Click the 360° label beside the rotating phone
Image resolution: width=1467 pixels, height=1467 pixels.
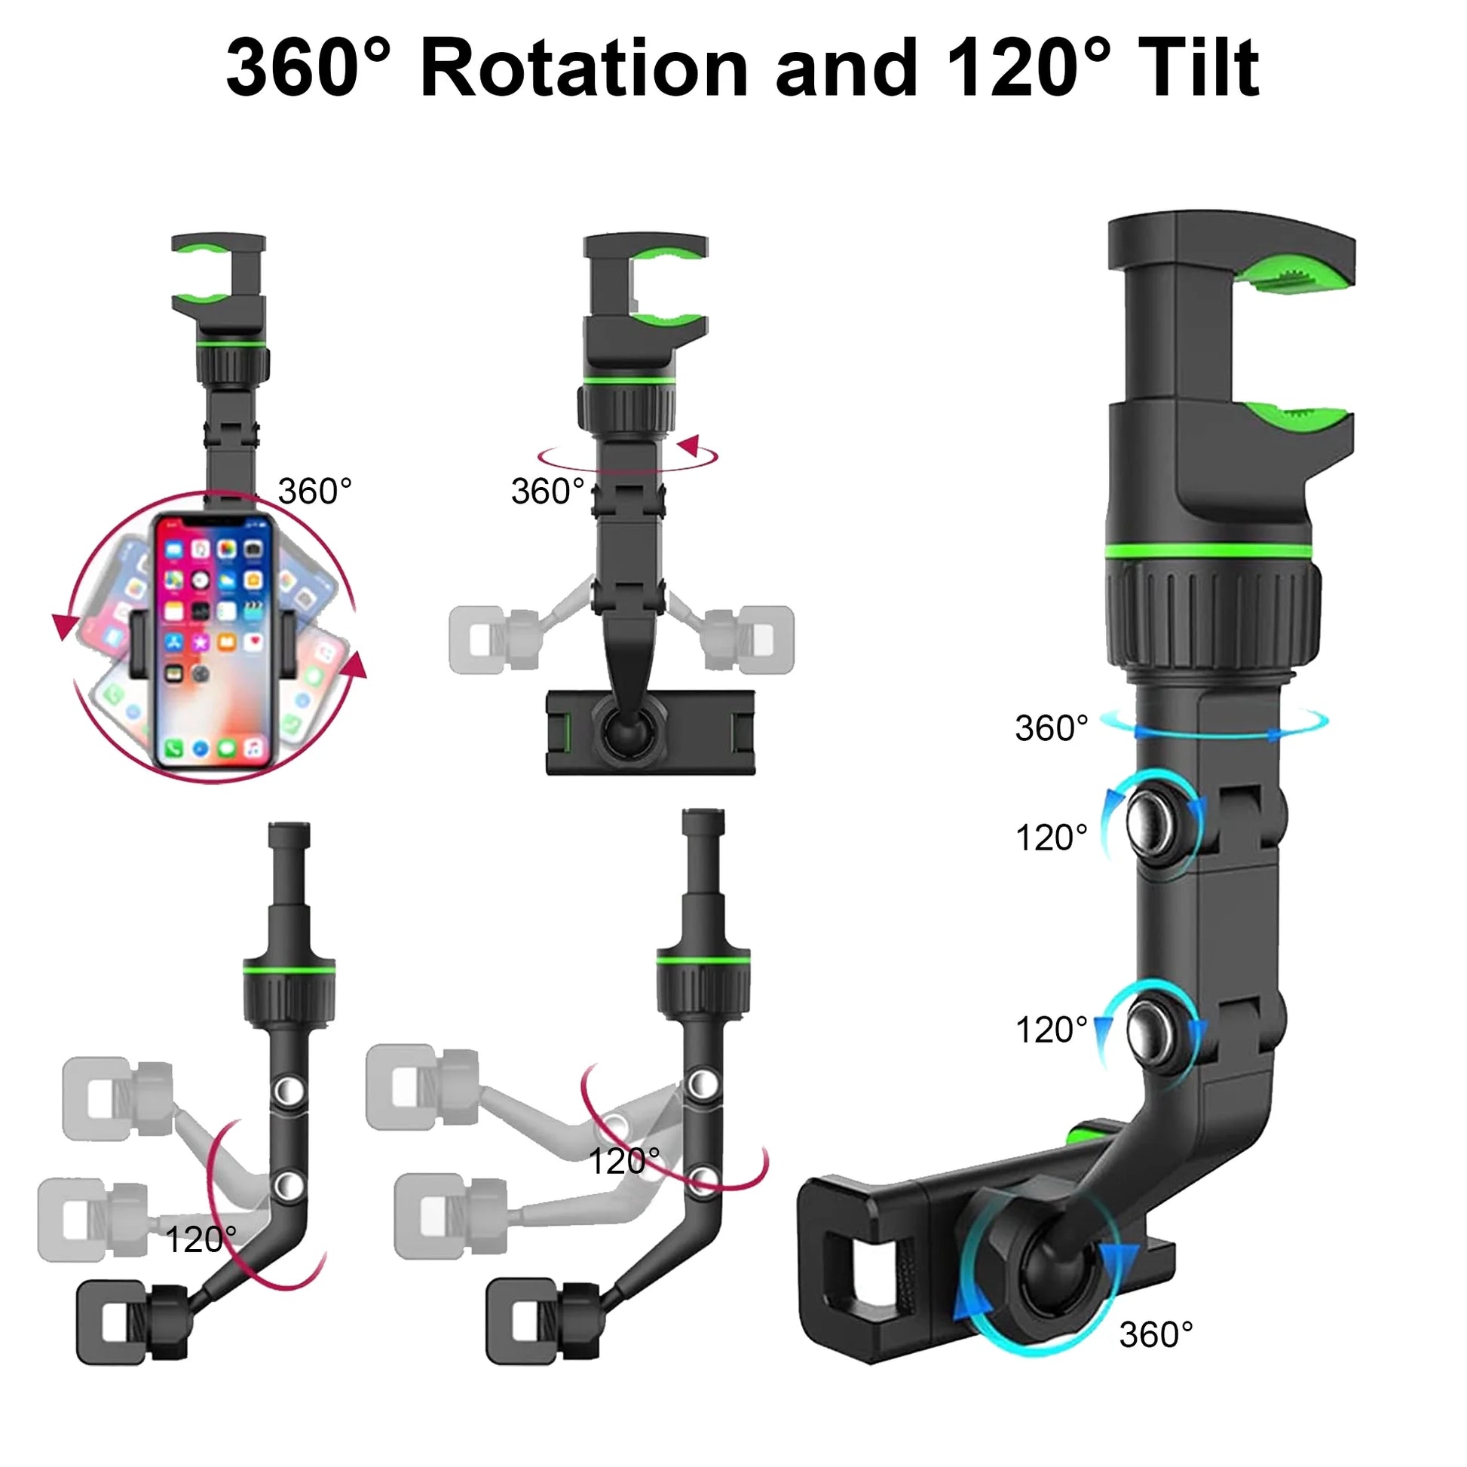314,492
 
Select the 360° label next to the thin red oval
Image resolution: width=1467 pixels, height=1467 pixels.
547,492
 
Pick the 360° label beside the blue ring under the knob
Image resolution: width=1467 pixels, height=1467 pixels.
1052,728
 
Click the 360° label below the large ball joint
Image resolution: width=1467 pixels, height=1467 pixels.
1156,1335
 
